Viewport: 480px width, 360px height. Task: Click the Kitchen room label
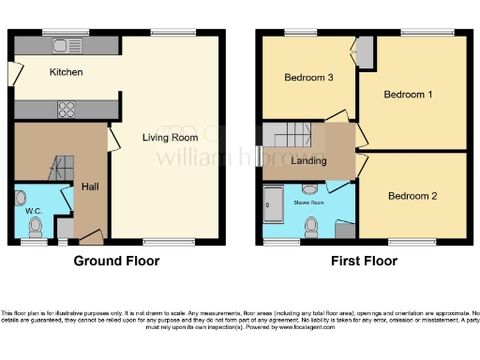(67, 72)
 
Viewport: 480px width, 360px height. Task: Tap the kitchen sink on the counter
(67, 44)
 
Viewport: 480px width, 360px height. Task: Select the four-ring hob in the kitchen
(67, 110)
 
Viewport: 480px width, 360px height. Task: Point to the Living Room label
(170, 139)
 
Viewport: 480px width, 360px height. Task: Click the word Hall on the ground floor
(90, 186)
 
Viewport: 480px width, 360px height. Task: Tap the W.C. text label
(34, 211)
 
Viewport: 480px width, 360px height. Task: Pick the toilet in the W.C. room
(22, 199)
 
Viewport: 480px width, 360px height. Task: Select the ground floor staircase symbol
(59, 168)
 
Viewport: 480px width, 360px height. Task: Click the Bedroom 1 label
(409, 95)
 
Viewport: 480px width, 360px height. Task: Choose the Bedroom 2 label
(413, 196)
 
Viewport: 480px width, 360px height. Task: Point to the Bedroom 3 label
(309, 77)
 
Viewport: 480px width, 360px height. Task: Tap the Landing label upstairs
(309, 160)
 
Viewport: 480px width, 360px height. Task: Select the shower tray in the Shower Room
(275, 203)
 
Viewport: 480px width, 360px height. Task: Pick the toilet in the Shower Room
(313, 225)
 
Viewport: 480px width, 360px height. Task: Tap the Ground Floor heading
(116, 262)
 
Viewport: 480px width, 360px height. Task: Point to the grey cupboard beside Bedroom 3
(365, 52)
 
